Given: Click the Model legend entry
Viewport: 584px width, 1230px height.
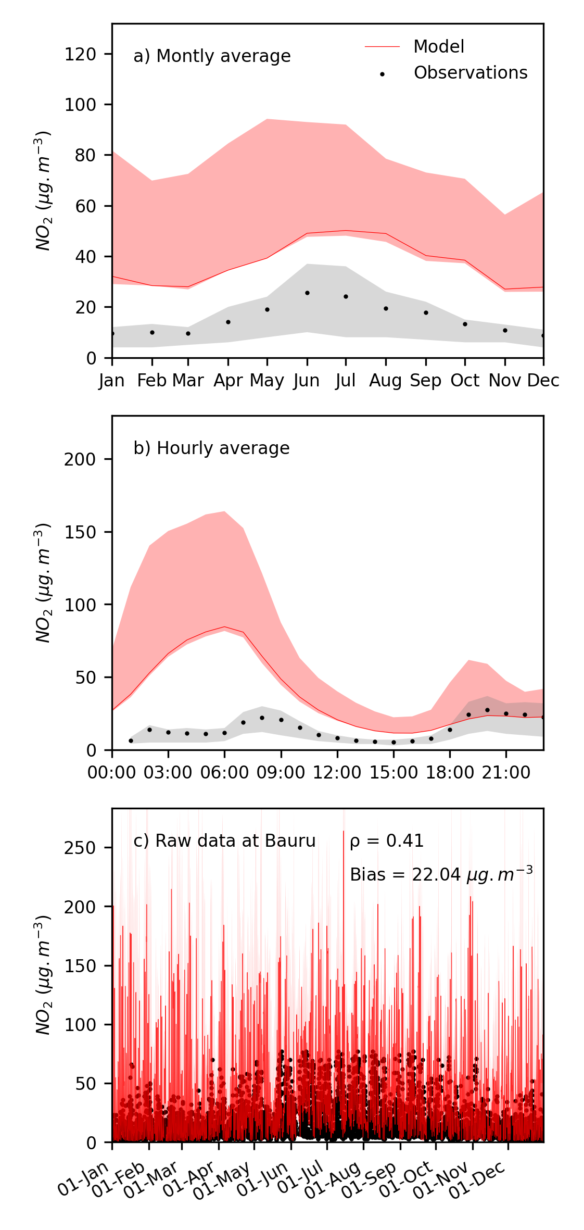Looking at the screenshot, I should click(x=438, y=47).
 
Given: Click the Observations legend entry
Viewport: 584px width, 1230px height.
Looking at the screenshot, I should click(x=470, y=73).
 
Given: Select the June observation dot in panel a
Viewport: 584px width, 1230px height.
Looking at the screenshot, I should click(x=307, y=293).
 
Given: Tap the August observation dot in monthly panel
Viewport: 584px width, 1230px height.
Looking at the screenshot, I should click(x=386, y=308).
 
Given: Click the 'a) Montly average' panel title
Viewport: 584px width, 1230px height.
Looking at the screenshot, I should click(x=212, y=56).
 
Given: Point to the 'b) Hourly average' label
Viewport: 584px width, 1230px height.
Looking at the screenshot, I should click(x=211, y=448).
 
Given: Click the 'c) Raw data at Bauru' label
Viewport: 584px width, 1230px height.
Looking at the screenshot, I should click(x=224, y=841).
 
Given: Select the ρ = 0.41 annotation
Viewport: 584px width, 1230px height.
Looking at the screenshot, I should click(x=387, y=841).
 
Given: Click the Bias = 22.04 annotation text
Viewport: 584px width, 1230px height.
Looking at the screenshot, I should click(x=441, y=874).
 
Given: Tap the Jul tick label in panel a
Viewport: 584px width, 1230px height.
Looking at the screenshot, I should click(x=346, y=381).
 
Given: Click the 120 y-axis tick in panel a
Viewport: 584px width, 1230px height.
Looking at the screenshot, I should click(x=80, y=54).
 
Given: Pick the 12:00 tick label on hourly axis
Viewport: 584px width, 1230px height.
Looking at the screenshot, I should click(x=337, y=772).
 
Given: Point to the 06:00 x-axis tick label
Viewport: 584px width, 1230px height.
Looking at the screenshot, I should click(x=224, y=772).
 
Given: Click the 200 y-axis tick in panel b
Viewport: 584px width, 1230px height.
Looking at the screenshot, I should click(x=80, y=459).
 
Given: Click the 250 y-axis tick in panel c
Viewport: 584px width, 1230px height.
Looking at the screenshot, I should click(x=80, y=848).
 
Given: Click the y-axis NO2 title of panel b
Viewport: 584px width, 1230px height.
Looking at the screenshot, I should click(x=43, y=583).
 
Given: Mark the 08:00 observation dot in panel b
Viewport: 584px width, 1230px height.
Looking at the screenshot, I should click(x=262, y=718).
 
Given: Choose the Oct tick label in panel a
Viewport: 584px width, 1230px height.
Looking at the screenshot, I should click(x=465, y=381).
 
